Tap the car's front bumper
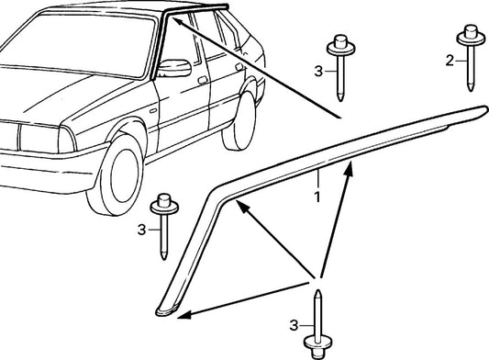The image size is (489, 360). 37,162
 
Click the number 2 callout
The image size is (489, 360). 449,61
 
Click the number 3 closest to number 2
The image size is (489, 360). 318,69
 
